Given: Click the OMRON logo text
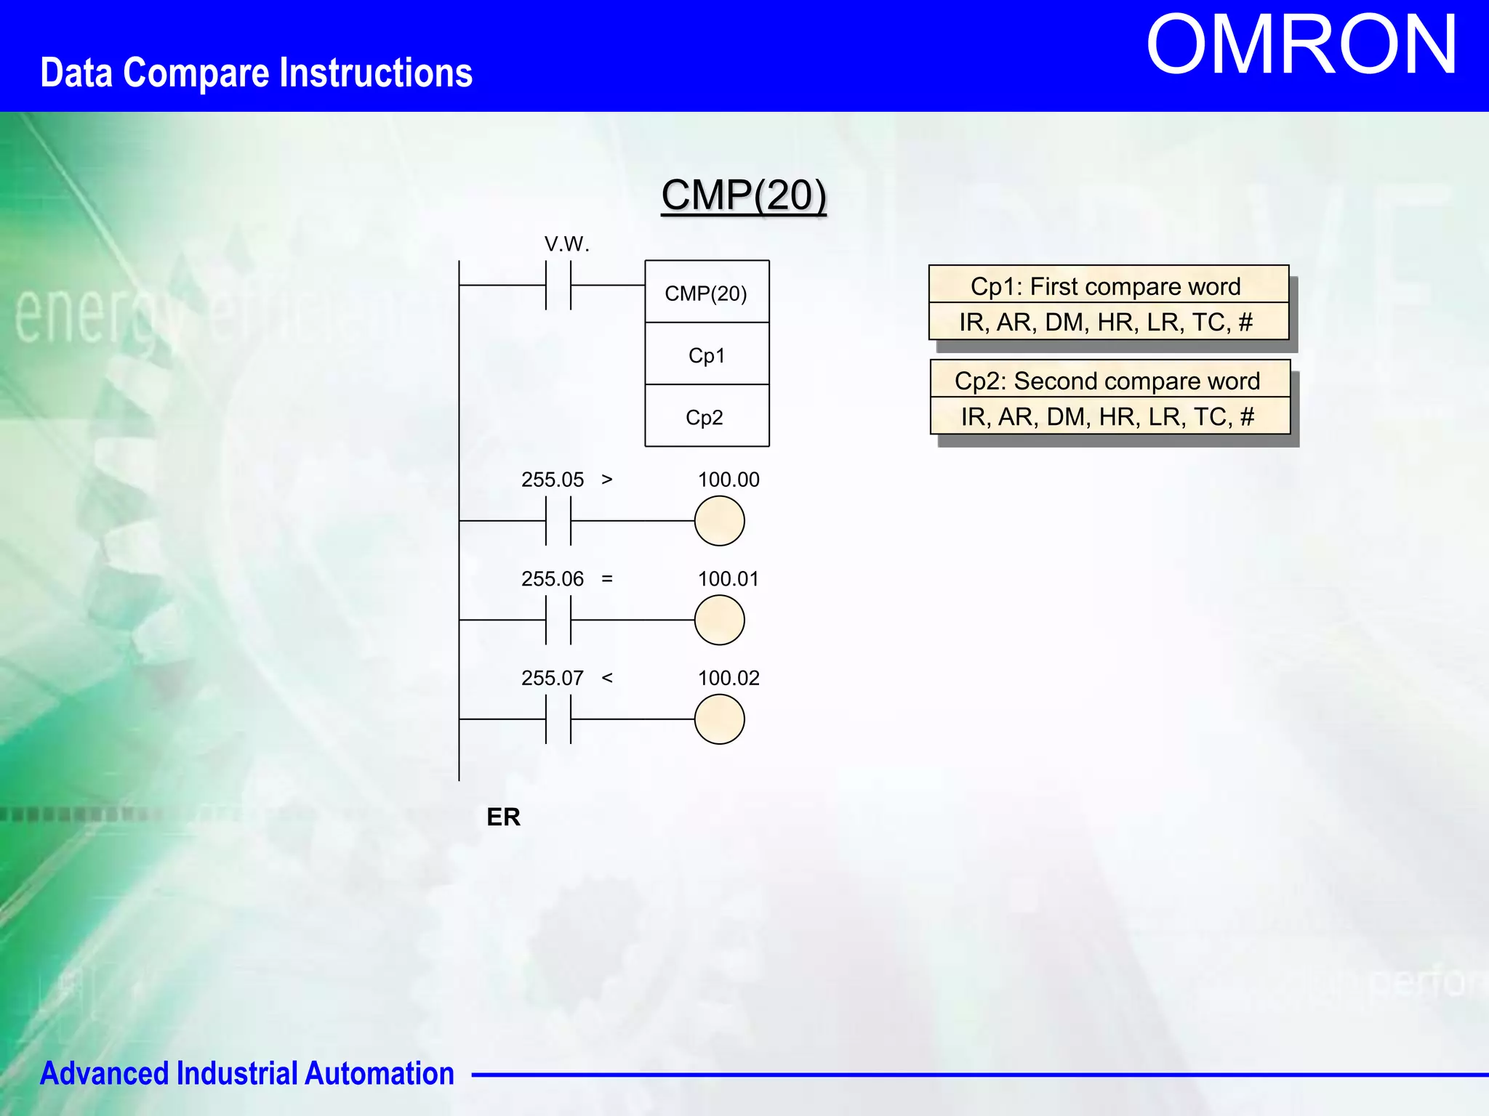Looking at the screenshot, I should (1301, 45).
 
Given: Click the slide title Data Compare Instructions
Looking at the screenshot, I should (256, 73).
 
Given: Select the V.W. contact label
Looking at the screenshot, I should (566, 244).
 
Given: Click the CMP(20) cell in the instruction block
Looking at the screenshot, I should (706, 293).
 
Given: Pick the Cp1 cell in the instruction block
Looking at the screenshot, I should (707, 355).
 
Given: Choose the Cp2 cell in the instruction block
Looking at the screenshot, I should (705, 417).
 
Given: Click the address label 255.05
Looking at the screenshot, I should (552, 480).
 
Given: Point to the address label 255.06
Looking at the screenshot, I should (552, 578).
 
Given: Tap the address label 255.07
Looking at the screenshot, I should (552, 678).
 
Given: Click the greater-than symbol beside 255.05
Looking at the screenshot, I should (607, 480).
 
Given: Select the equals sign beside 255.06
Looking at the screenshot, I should (607, 578).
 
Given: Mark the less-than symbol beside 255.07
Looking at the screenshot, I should (607, 678).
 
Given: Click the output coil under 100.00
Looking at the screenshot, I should (719, 521).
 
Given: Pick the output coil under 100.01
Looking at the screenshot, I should (719, 620).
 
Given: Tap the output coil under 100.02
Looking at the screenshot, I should (719, 719).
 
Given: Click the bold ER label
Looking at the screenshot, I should (503, 817).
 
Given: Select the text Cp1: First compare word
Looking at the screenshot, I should (1105, 286).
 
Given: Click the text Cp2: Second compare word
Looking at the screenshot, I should (1107, 381).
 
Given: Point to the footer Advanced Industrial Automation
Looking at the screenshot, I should (246, 1073).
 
